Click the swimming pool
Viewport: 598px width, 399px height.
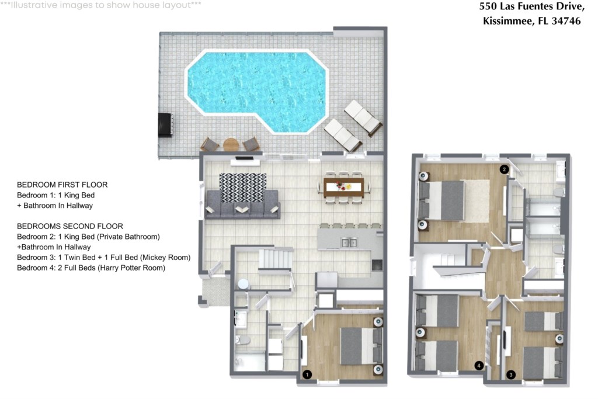[x=257, y=91]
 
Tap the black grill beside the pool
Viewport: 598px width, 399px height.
[x=166, y=125]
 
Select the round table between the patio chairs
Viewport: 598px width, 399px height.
[x=231, y=144]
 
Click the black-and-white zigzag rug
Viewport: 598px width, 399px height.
[x=242, y=188]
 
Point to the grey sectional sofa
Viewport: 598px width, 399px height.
[x=242, y=205]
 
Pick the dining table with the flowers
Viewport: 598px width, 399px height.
[x=343, y=188]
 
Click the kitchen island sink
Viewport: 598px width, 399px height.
[x=349, y=242]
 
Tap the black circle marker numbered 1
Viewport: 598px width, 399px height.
[x=307, y=374]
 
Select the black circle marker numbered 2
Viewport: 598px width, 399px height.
[x=504, y=169]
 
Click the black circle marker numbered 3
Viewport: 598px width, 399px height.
[x=511, y=374]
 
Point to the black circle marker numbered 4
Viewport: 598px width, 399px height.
[x=479, y=366]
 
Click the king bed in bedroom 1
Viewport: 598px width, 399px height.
[x=361, y=346]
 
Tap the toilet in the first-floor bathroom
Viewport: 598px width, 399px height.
[x=242, y=339]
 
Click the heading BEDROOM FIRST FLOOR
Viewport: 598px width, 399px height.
[x=62, y=185]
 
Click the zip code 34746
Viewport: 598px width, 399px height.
[x=566, y=21]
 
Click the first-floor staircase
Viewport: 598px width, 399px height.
[x=276, y=259]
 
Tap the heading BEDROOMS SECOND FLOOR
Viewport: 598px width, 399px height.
[x=70, y=226]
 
